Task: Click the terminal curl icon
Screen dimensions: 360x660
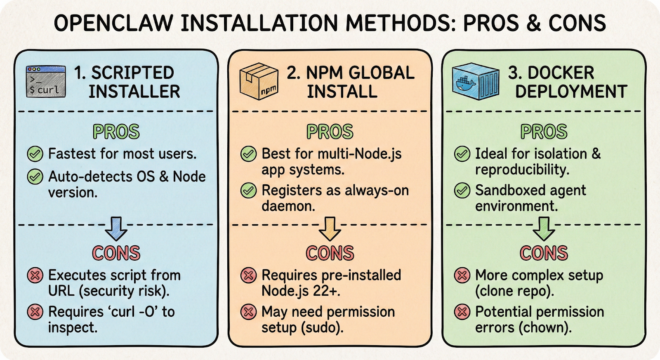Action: click(46, 81)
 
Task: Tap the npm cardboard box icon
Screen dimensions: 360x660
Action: click(259, 81)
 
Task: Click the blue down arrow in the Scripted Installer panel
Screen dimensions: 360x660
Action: click(116, 228)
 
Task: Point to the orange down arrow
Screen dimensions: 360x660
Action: click(330, 228)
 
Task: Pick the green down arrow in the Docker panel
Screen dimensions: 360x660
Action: click(544, 228)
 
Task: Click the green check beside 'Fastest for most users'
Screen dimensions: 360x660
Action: click(35, 154)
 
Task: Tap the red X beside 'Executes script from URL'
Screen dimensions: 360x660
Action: click(35, 275)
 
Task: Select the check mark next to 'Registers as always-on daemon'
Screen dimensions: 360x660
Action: click(248, 191)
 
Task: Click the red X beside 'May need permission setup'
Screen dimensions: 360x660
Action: click(248, 312)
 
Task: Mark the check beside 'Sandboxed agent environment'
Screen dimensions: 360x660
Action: click(462, 191)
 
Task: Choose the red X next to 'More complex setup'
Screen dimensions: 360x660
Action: click(462, 275)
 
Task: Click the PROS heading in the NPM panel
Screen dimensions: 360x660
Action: click(330, 132)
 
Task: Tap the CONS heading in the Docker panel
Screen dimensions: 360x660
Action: click(544, 253)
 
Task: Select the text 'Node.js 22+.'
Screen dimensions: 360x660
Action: click(301, 291)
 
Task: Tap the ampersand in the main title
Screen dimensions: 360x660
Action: click(533, 23)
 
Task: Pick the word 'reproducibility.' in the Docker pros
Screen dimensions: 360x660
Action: click(522, 169)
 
